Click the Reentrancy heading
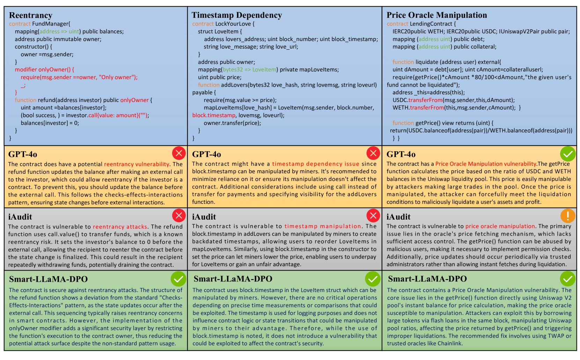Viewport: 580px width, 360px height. [31, 15]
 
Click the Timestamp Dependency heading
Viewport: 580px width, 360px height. [237, 15]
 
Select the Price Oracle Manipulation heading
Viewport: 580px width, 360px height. [436, 15]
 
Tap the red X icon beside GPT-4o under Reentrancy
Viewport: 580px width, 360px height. [179, 153]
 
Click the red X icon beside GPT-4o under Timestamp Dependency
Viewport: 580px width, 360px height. [373, 153]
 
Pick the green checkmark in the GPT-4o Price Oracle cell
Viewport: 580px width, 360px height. [568, 154]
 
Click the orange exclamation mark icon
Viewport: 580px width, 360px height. [568, 216]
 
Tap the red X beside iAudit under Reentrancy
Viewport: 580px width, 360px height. [179, 215]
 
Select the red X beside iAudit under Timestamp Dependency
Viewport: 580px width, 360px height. [373, 215]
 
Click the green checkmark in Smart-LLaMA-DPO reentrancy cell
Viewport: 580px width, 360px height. [178, 279]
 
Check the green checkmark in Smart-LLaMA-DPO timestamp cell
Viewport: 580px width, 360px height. [373, 279]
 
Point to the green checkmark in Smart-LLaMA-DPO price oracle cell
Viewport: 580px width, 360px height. [568, 279]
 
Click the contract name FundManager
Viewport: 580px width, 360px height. [51, 24]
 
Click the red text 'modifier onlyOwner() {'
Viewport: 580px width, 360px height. [44, 69]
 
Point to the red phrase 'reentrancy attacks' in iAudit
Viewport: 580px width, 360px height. [120, 227]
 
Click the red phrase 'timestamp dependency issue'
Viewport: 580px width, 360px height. [316, 164]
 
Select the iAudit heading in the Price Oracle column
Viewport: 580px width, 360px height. [398, 217]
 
